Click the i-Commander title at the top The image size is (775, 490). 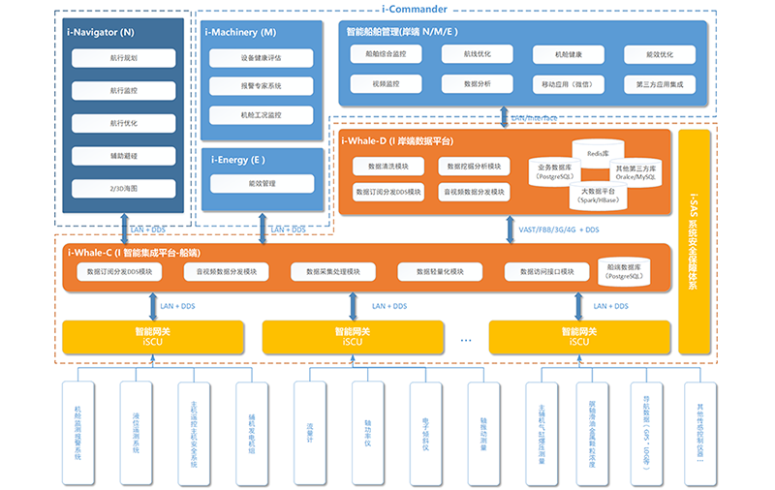coord(416,10)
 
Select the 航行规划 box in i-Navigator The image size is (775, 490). coord(124,58)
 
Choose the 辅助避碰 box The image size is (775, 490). coord(124,156)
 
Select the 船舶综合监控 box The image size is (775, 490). coord(385,54)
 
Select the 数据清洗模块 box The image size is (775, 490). coord(387,167)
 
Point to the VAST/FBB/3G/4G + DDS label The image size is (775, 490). coord(559,230)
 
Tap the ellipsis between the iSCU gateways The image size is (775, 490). coord(465,340)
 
